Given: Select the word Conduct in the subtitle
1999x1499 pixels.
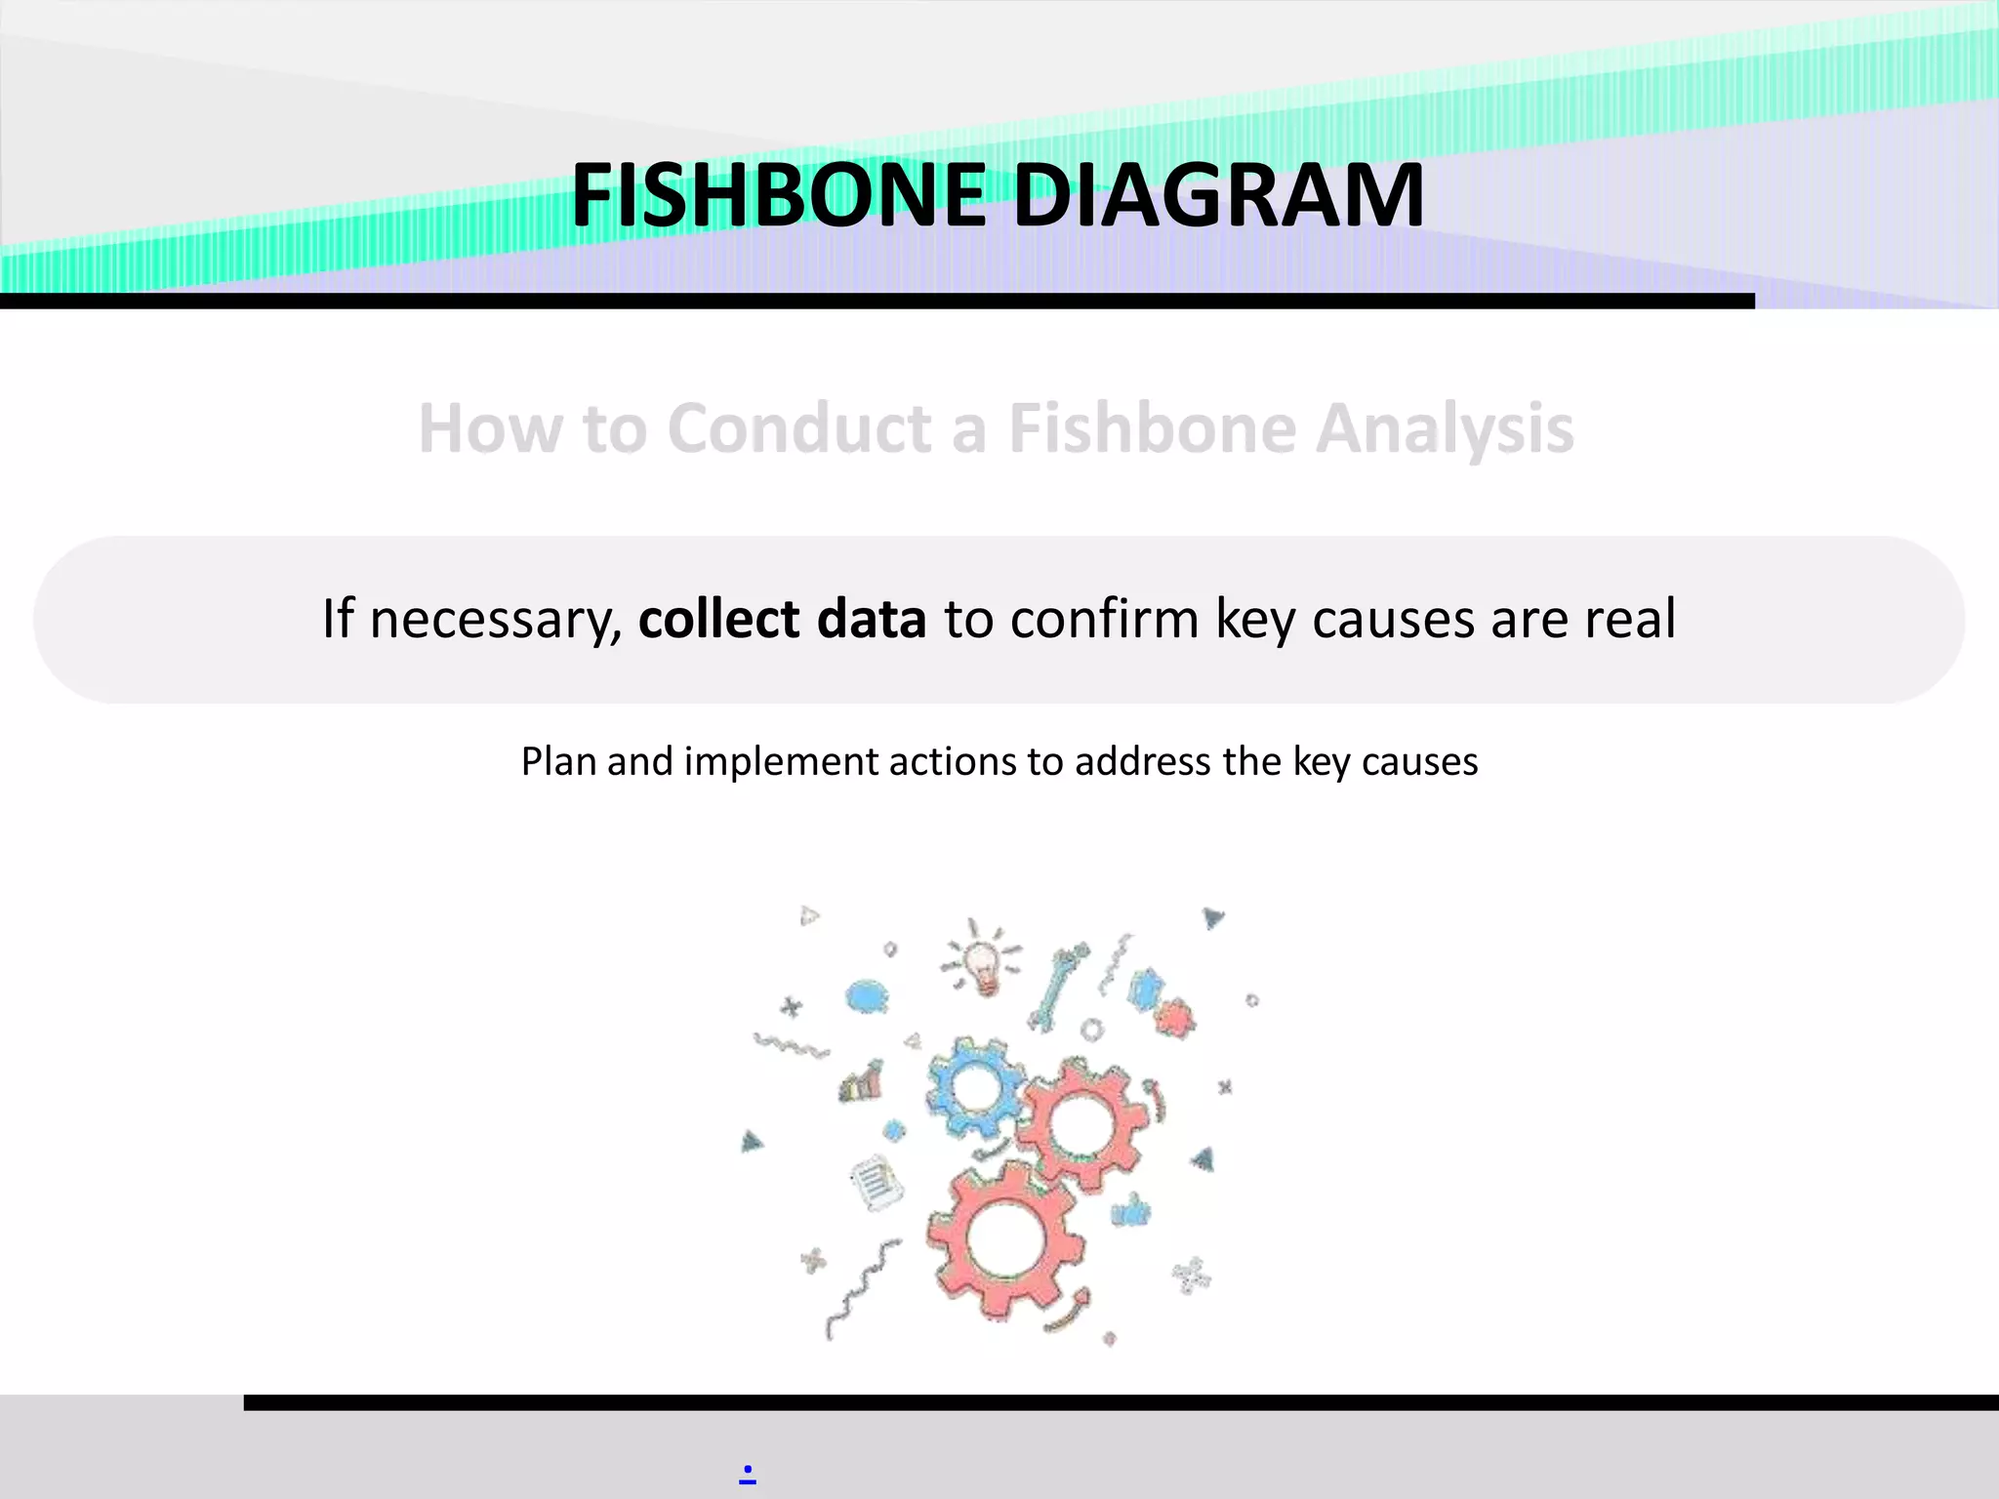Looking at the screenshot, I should pos(800,429).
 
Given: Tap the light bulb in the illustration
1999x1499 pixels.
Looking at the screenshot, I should pos(983,963).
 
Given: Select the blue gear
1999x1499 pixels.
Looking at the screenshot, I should pos(974,1086).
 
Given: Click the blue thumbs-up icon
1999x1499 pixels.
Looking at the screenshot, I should pos(1131,1211).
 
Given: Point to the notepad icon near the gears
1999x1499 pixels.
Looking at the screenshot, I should pos(876,1182).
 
